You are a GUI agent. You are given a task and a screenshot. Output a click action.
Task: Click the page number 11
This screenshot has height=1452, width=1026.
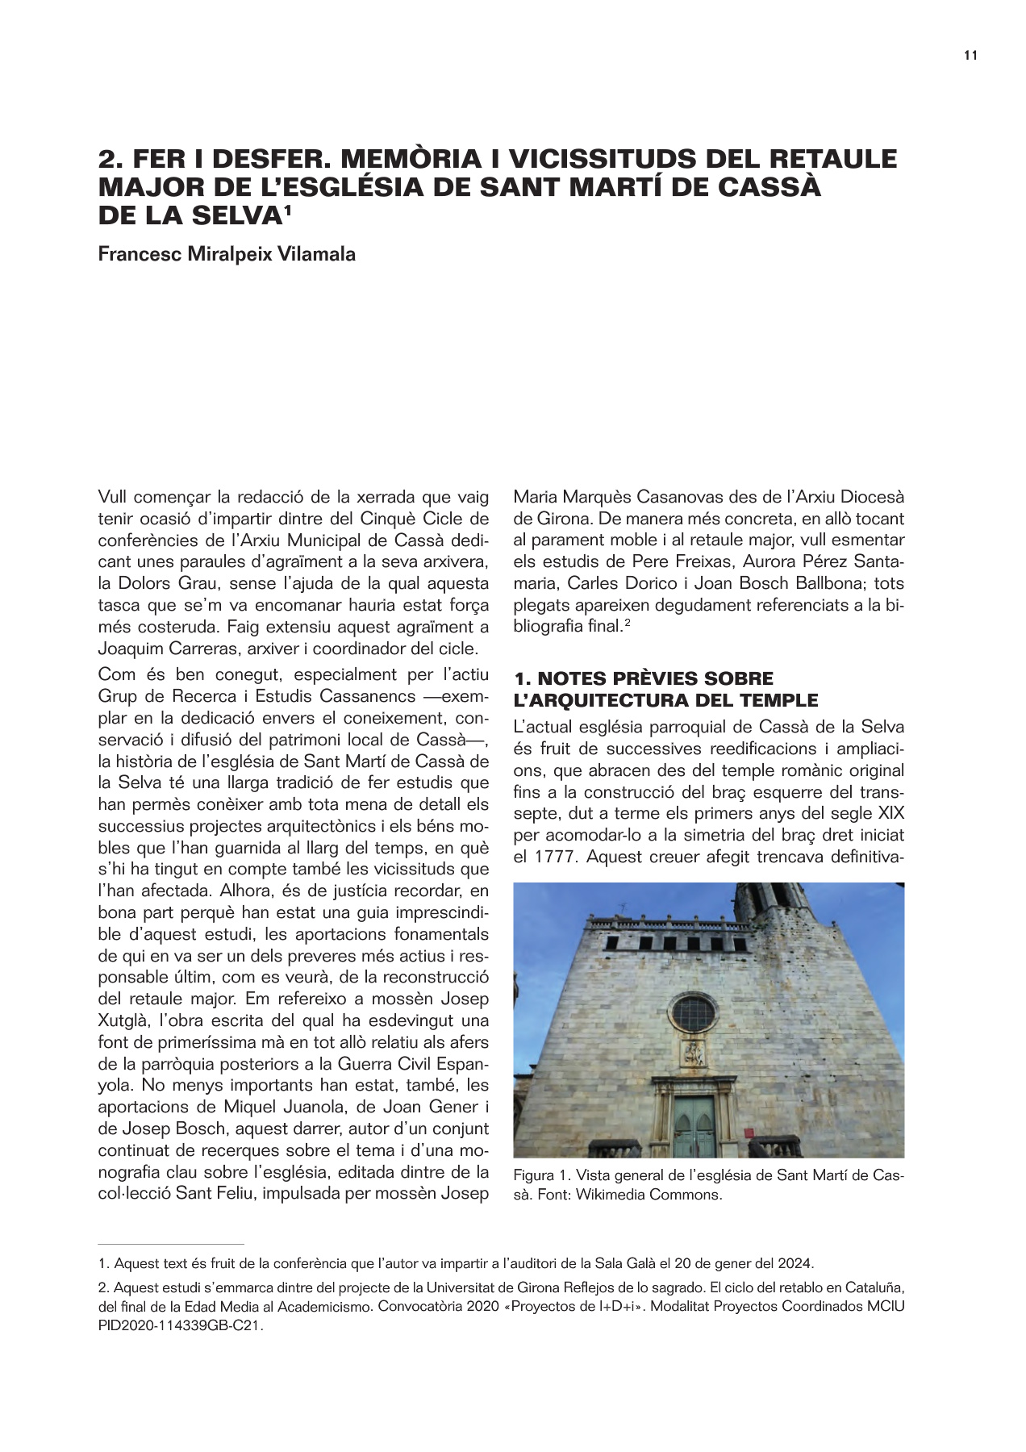[970, 56]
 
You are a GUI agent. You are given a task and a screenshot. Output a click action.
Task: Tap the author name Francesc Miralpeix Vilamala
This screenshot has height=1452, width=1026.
[227, 254]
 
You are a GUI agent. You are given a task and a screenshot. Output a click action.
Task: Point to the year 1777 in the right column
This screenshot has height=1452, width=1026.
[554, 856]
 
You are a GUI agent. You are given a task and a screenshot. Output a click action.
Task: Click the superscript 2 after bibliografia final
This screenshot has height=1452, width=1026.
[626, 622]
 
